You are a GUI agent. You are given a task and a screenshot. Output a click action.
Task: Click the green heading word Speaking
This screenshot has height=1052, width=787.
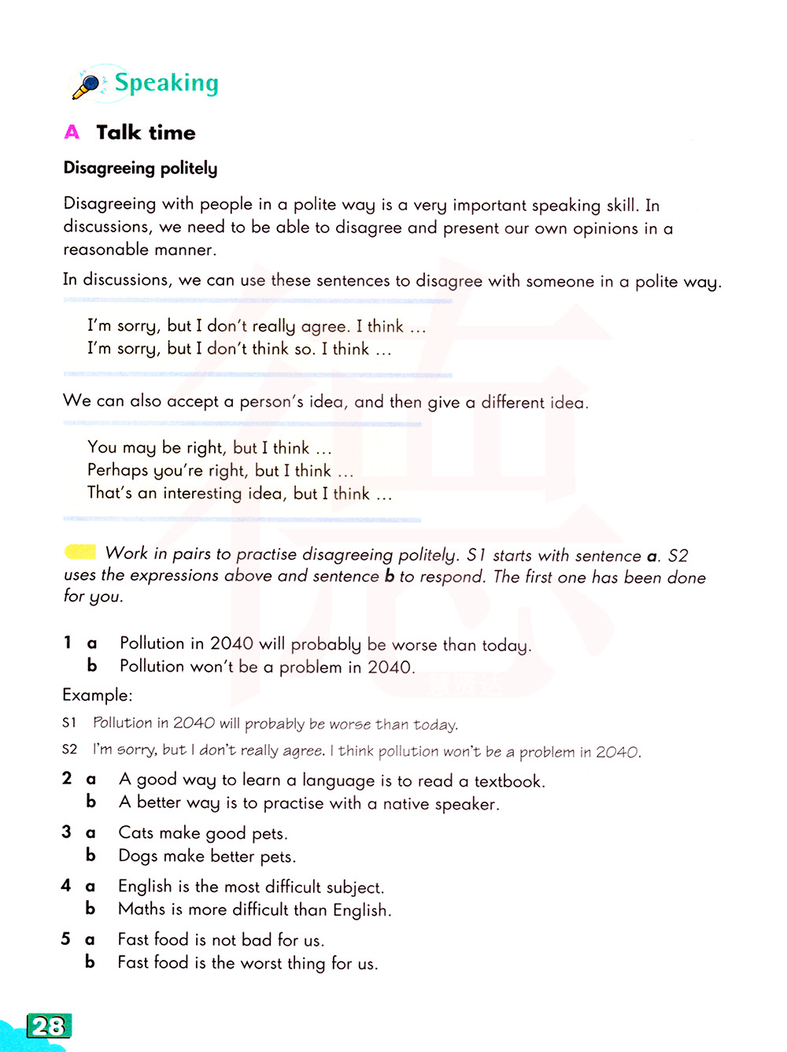[167, 83]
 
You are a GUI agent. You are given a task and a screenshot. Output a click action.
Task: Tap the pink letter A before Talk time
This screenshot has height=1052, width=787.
[72, 132]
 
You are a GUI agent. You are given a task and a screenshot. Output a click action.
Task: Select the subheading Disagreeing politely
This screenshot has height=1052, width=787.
[140, 168]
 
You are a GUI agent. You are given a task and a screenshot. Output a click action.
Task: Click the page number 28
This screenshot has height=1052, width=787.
[49, 1026]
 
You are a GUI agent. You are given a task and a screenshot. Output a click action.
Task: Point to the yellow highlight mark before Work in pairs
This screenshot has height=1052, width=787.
[80, 552]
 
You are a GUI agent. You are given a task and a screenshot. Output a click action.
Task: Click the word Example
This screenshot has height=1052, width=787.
[97, 695]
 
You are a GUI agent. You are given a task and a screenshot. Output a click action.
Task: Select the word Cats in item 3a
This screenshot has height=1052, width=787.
[136, 833]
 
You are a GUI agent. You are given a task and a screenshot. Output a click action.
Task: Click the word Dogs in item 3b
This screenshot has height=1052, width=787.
[139, 856]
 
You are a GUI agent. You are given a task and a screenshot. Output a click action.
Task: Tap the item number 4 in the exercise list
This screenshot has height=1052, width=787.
[66, 886]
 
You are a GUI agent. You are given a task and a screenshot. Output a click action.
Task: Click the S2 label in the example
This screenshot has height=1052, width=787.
[70, 749]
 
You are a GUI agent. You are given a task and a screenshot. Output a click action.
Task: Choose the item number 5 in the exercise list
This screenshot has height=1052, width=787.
[66, 939]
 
